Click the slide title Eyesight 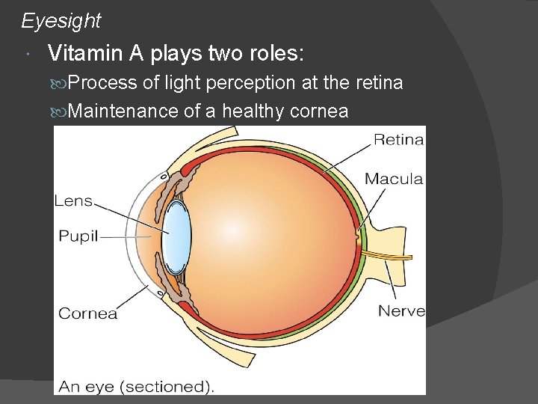click(x=61, y=21)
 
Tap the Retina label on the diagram click(x=398, y=139)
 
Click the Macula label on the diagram click(x=394, y=179)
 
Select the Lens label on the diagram click(x=73, y=201)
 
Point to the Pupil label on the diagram click(x=78, y=236)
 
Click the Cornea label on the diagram click(x=87, y=313)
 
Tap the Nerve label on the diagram click(x=401, y=310)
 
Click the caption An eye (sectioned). click(x=137, y=386)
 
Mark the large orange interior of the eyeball click(x=276, y=232)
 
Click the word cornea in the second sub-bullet click(x=319, y=111)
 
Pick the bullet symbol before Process click(x=63, y=83)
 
